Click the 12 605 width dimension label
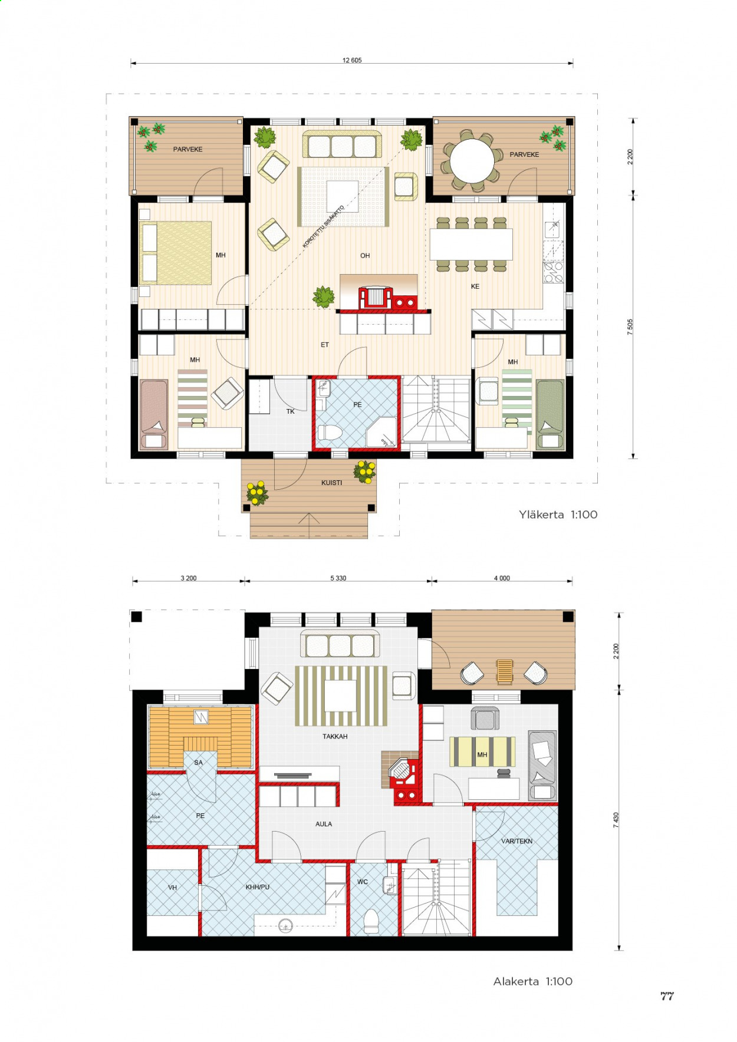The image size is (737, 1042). click(x=352, y=60)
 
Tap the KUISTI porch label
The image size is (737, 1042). click(x=331, y=483)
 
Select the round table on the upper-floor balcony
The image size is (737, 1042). click(x=472, y=161)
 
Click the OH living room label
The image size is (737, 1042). click(x=365, y=256)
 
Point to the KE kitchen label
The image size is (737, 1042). click(x=475, y=286)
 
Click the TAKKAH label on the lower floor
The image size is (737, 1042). click(x=335, y=737)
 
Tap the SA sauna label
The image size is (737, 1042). click(x=198, y=763)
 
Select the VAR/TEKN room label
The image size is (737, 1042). click(x=516, y=841)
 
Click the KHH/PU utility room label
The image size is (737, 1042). click(x=258, y=887)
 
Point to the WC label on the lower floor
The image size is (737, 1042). click(x=363, y=882)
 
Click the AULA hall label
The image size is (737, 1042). click(x=324, y=824)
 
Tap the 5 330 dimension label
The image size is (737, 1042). click(x=338, y=578)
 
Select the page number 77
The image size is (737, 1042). click(x=667, y=996)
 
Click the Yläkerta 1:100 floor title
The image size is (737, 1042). click(x=558, y=515)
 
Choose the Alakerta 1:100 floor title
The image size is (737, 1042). click(x=533, y=981)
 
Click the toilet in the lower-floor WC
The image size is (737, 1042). click(x=371, y=921)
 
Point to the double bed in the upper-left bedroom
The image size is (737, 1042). click(x=176, y=253)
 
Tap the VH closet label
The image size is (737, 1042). click(x=172, y=888)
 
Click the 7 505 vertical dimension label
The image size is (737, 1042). click(x=630, y=327)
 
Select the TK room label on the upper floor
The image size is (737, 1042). click(x=290, y=411)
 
